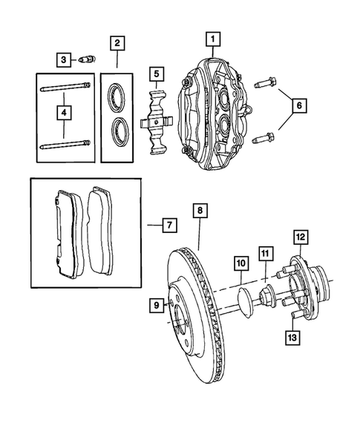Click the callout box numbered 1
coord(212,38)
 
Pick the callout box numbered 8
coord(200,211)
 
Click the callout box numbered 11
coord(265,254)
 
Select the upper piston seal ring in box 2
coord(117,94)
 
